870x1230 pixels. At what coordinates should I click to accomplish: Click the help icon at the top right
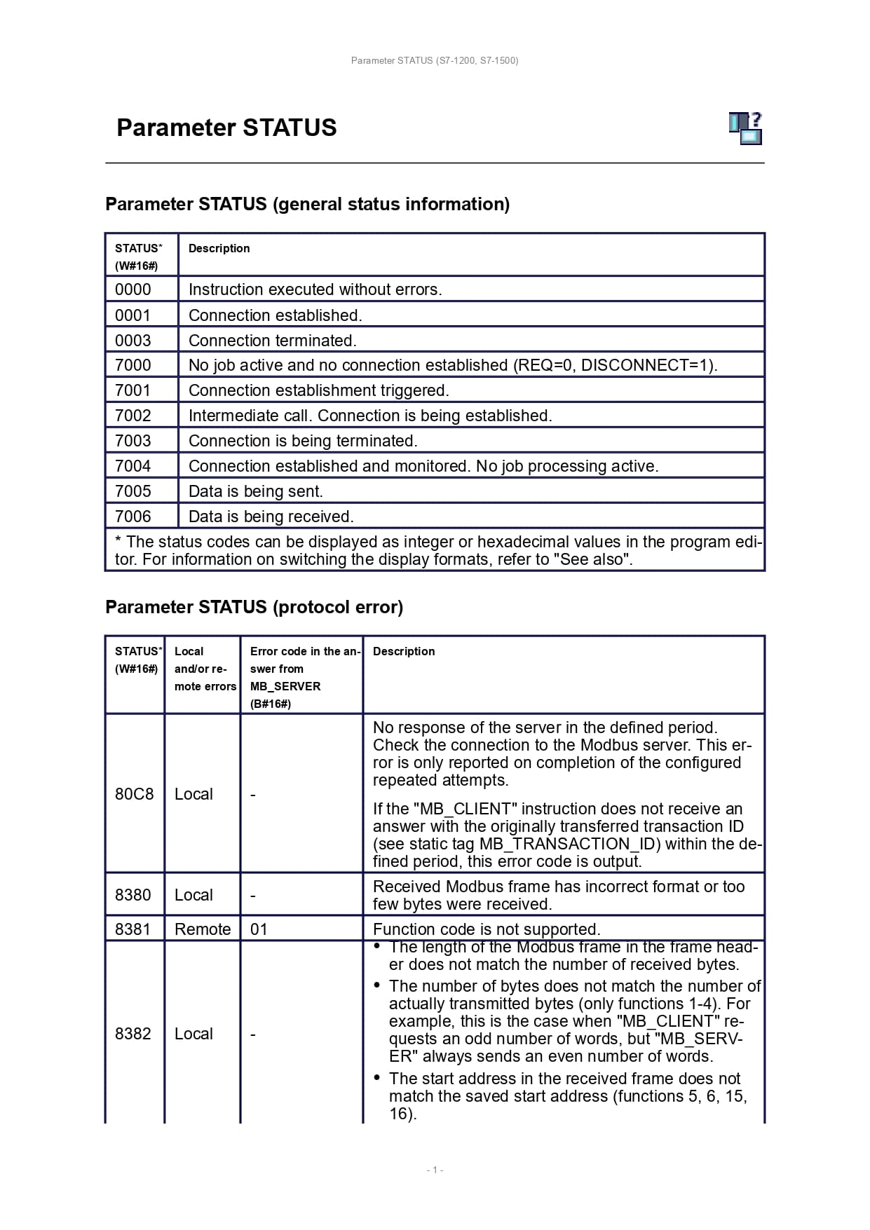pyautogui.click(x=745, y=128)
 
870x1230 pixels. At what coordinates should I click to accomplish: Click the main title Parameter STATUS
pyautogui.click(x=226, y=128)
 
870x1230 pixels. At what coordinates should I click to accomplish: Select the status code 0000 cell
pyautogui.click(x=133, y=289)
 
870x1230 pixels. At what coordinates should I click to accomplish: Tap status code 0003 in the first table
pyautogui.click(x=133, y=341)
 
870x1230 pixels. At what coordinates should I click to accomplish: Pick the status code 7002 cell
pyautogui.click(x=133, y=416)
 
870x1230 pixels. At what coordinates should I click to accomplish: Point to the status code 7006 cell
pyautogui.click(x=133, y=517)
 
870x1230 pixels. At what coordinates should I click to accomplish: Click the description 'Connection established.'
pyautogui.click(x=275, y=315)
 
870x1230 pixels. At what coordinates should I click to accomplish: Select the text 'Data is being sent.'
pyautogui.click(x=255, y=491)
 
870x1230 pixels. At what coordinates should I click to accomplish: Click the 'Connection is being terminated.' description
pyautogui.click(x=303, y=441)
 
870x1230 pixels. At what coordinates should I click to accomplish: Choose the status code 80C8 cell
pyautogui.click(x=134, y=794)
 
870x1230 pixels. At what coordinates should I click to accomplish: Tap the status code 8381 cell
pyautogui.click(x=133, y=929)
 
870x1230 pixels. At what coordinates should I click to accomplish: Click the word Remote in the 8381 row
pyautogui.click(x=203, y=929)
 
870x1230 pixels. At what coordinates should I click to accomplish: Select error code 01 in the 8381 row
pyautogui.click(x=259, y=929)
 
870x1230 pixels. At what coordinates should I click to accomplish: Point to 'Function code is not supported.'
pyautogui.click(x=487, y=929)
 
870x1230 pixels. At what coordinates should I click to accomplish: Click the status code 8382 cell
pyautogui.click(x=133, y=1034)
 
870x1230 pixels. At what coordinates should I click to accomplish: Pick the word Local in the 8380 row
pyautogui.click(x=193, y=895)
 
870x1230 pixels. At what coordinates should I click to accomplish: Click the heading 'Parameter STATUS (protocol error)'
pyautogui.click(x=254, y=607)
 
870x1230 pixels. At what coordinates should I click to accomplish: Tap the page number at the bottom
pyautogui.click(x=435, y=1170)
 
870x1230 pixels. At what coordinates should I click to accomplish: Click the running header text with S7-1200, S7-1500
pyautogui.click(x=435, y=61)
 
